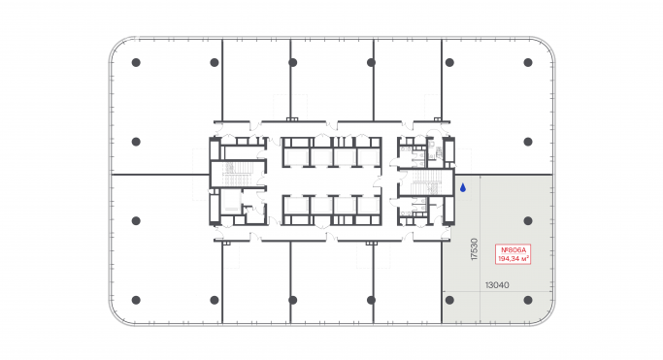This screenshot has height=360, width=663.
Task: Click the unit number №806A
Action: [512, 249]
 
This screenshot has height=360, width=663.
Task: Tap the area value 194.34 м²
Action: [512, 259]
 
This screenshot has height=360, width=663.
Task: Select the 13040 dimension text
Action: [497, 285]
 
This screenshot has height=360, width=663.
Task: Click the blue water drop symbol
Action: [463, 187]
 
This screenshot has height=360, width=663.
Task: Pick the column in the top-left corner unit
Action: [135, 62]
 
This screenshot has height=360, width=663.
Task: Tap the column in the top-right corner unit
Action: [528, 62]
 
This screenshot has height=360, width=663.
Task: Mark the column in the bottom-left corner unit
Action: [135, 299]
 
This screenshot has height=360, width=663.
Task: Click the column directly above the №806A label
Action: [528, 219]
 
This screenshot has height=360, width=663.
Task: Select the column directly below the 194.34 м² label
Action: [528, 299]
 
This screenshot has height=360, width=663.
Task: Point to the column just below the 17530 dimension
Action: [449, 299]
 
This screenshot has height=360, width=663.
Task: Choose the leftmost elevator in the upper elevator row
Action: [294, 154]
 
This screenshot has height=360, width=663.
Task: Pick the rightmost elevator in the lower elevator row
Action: [368, 209]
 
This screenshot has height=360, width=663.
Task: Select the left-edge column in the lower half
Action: [135, 219]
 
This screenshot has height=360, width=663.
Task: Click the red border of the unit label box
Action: [495, 254]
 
